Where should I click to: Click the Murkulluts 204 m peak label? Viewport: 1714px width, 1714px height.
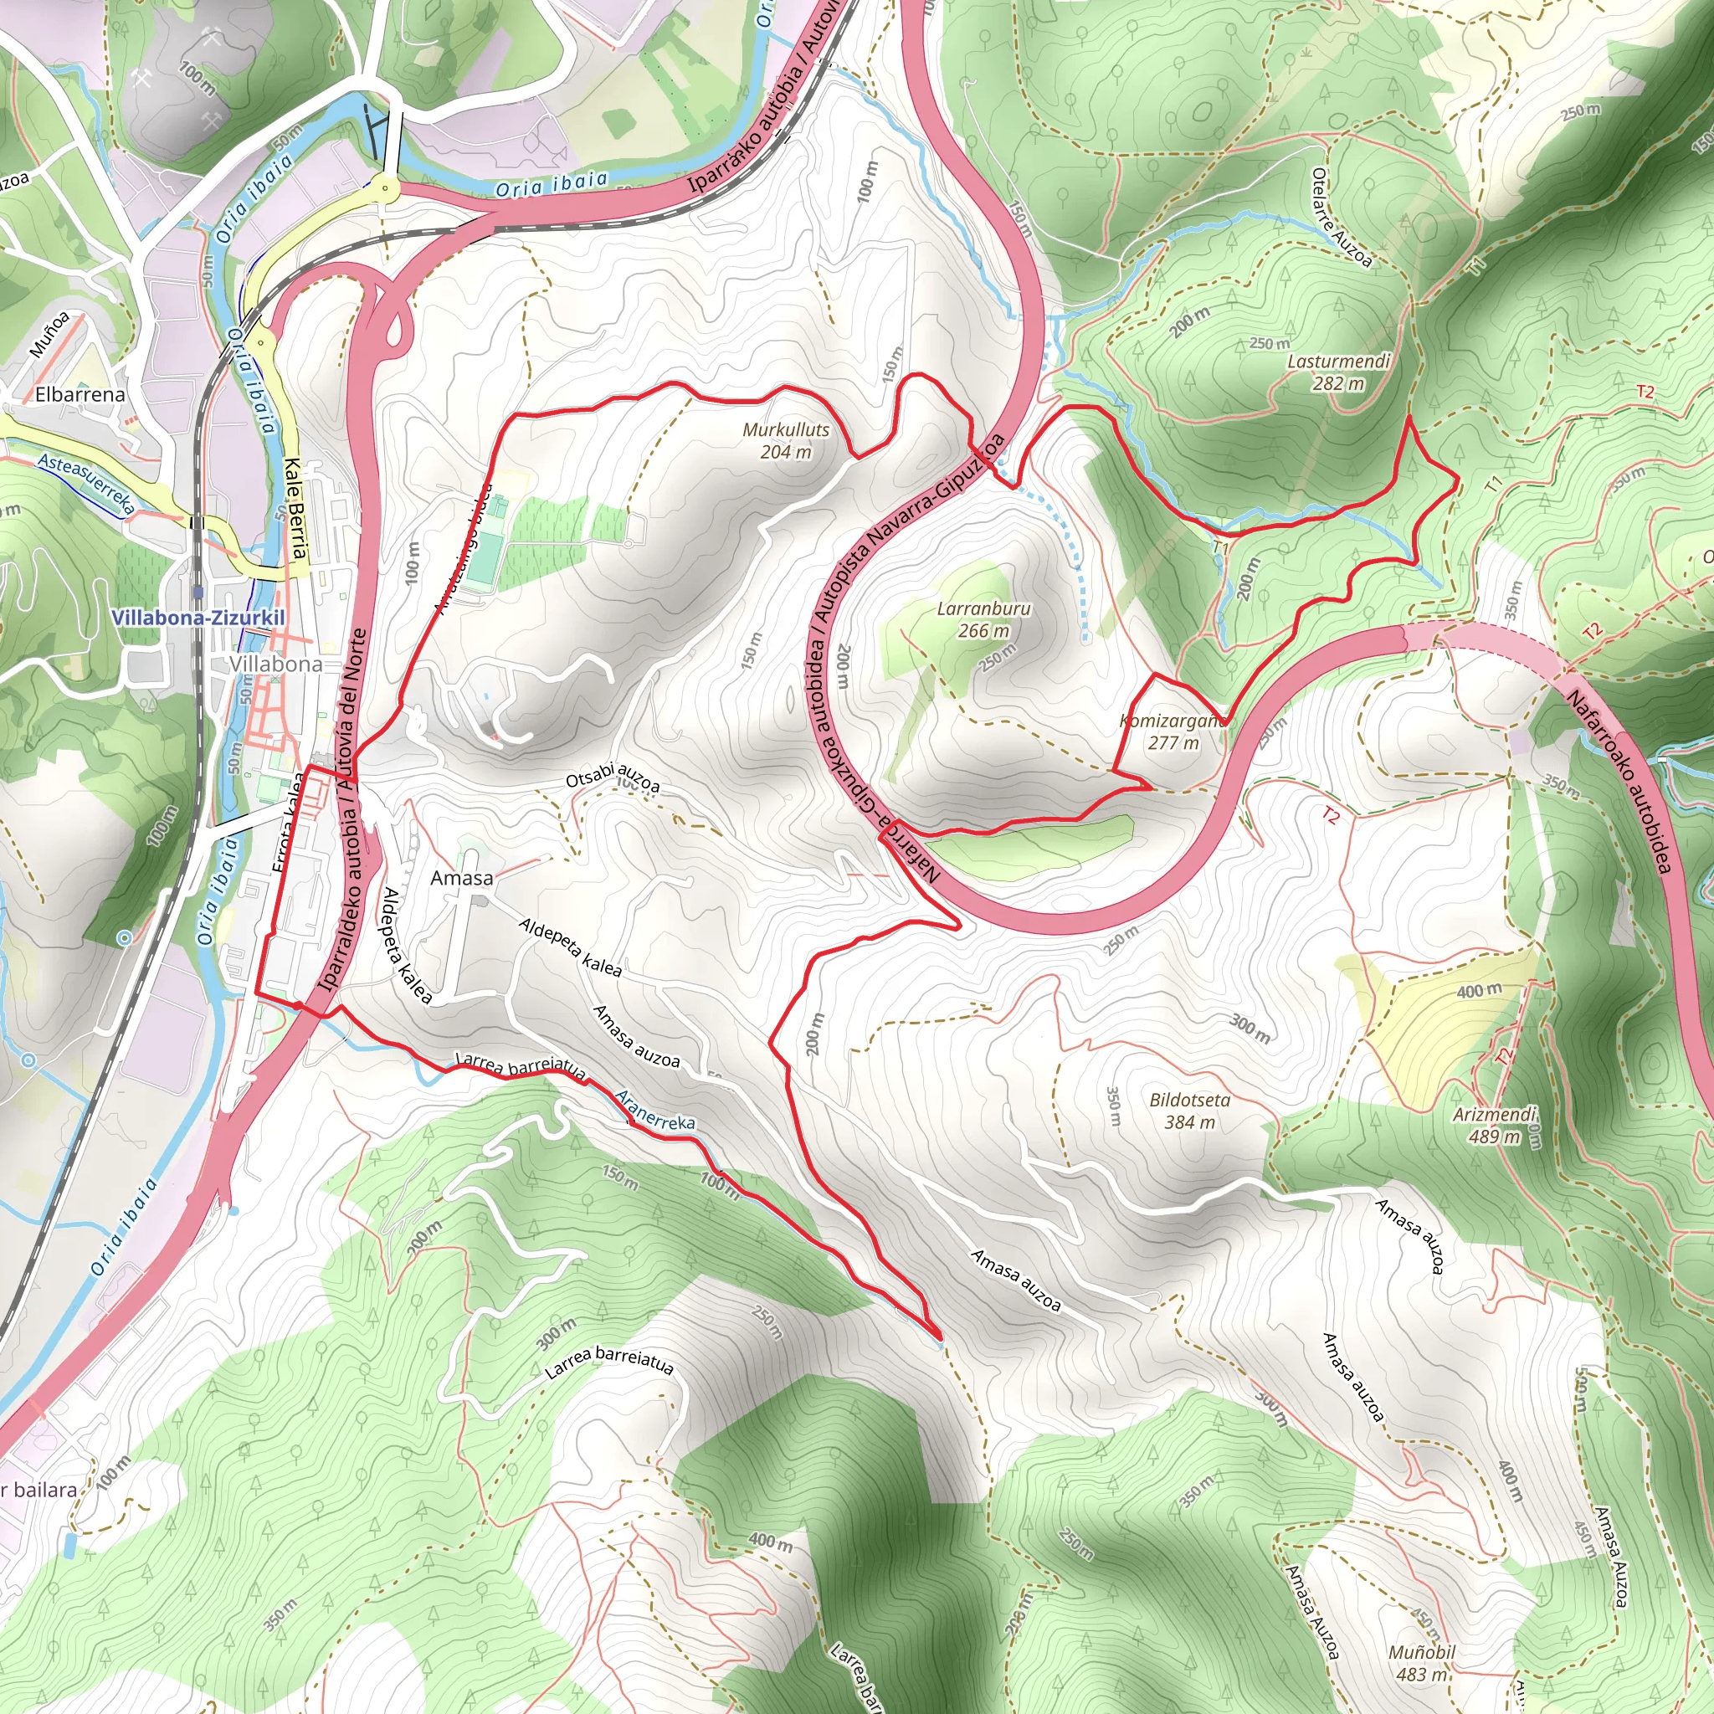point(785,440)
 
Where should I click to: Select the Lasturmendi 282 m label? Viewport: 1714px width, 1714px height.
point(1338,372)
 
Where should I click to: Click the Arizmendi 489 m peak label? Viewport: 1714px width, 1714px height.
point(1494,1125)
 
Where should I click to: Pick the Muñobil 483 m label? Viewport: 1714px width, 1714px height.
point(1422,1664)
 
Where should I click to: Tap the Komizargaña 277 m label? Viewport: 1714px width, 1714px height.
point(1172,732)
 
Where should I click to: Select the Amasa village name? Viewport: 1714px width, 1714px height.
point(461,877)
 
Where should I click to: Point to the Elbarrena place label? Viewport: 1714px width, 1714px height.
point(80,394)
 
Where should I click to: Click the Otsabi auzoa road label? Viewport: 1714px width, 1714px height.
point(613,777)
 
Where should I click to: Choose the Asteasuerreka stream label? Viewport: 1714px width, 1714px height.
point(86,484)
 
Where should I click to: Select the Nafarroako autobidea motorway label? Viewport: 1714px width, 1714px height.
point(1619,782)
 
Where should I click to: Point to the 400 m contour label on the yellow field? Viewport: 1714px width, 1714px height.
point(1479,989)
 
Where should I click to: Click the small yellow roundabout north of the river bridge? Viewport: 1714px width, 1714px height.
point(385,187)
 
